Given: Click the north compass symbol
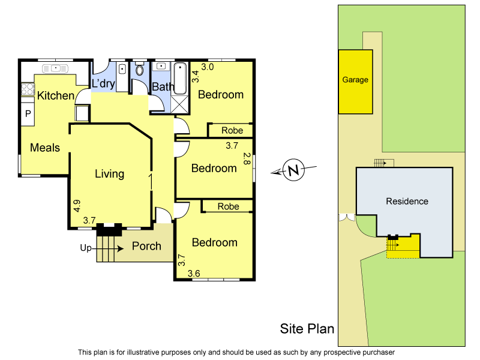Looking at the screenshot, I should [x=293, y=171].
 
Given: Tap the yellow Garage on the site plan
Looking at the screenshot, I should [x=355, y=81].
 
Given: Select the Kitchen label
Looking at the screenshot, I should [x=55, y=95].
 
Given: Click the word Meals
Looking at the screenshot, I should [x=45, y=147].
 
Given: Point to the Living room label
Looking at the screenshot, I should [x=110, y=174].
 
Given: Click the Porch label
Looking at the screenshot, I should [x=146, y=246].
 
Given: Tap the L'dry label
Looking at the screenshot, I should [x=103, y=84].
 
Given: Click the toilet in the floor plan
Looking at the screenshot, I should [x=140, y=70].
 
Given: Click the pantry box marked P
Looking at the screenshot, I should [x=28, y=113].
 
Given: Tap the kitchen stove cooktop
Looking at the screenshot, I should [x=28, y=89].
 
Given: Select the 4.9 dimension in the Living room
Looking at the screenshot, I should [x=77, y=206].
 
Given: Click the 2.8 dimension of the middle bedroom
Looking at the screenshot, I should [x=246, y=159].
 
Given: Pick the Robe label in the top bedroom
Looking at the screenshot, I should [x=232, y=130].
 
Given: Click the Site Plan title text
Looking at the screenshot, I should [x=307, y=329].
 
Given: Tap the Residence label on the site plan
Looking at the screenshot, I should [x=407, y=201].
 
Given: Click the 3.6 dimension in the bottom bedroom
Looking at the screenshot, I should [x=194, y=274].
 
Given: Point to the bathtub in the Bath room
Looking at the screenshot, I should [x=180, y=79].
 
